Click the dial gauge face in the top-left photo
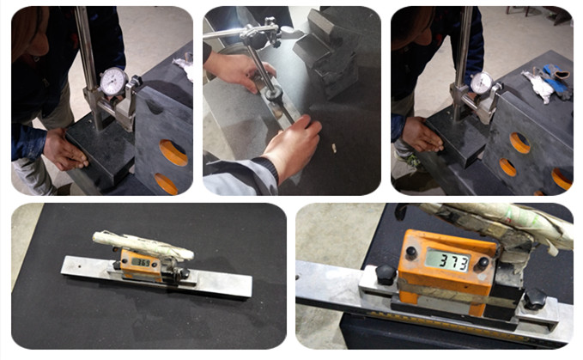[x=112, y=82]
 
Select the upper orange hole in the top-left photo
[x=173, y=152]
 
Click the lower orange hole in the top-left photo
[x=167, y=184]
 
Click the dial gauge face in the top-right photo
[x=481, y=82]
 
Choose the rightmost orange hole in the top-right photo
[x=562, y=178]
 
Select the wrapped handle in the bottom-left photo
[x=143, y=244]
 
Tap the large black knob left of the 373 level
[x=386, y=274]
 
